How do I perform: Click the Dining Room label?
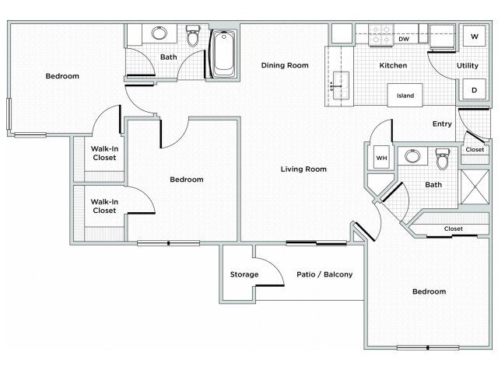(285, 65)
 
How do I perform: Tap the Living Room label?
(303, 169)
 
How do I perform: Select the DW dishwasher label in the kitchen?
(404, 39)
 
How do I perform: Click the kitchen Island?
(405, 95)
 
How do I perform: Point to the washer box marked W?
(474, 37)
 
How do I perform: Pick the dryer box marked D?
(474, 90)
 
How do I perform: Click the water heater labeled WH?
(381, 158)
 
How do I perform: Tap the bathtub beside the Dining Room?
(223, 54)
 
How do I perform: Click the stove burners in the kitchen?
(381, 35)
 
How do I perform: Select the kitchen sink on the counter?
(341, 85)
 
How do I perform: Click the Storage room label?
(244, 274)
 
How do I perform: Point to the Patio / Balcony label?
(324, 274)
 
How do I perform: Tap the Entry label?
(442, 124)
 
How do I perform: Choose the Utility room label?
(467, 65)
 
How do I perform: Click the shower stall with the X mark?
(475, 186)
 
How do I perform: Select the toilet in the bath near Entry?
(443, 159)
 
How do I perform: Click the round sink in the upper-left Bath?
(159, 33)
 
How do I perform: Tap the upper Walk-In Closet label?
(104, 153)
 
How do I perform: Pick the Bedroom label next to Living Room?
(187, 180)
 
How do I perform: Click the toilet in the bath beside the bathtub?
(193, 36)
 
